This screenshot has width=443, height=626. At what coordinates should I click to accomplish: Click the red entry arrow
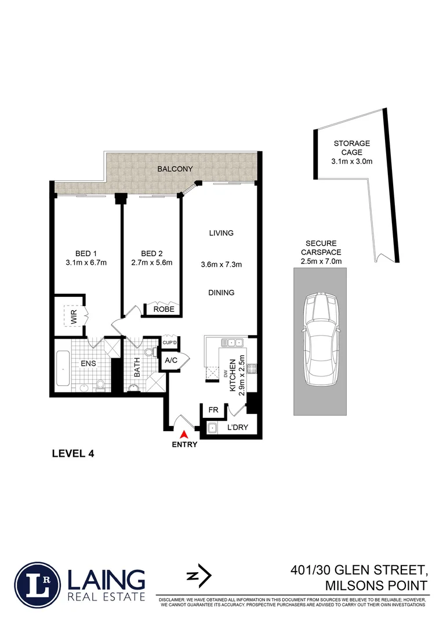click(x=184, y=434)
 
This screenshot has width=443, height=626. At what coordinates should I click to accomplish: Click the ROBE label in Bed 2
click(x=164, y=310)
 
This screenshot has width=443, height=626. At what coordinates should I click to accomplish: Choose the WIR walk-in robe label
click(x=67, y=316)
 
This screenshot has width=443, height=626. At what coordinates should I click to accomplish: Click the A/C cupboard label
click(x=171, y=361)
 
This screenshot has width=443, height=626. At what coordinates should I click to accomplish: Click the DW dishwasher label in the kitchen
click(x=226, y=374)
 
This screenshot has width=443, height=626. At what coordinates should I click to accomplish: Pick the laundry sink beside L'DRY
click(x=212, y=428)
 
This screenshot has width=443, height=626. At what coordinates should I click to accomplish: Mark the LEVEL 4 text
click(x=73, y=454)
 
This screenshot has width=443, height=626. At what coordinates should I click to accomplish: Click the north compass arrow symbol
click(x=199, y=576)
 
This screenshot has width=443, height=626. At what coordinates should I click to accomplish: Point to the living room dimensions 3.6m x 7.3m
click(x=221, y=265)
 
